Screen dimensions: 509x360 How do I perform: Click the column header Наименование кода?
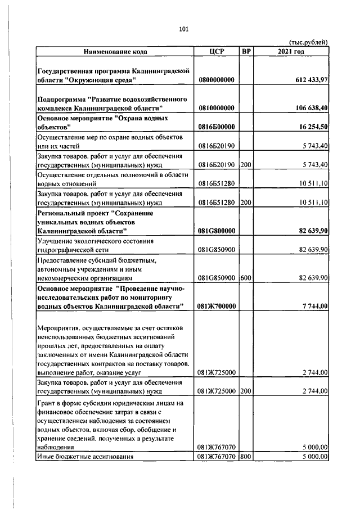115,52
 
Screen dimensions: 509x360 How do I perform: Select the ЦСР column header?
217,52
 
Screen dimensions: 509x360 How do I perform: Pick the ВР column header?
246,52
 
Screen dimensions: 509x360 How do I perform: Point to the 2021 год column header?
291,52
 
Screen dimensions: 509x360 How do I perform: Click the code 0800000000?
217,80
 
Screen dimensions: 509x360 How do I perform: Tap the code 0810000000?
217,107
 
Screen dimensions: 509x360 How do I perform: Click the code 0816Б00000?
217,128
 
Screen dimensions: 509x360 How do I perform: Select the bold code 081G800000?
217,231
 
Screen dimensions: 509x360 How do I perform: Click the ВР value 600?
245,277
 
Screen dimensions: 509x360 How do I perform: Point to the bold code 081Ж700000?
217,306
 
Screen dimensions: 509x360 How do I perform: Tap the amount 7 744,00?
315,306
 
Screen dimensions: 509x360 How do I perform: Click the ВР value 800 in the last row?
245,456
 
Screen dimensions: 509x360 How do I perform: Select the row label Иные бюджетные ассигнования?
84,456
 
